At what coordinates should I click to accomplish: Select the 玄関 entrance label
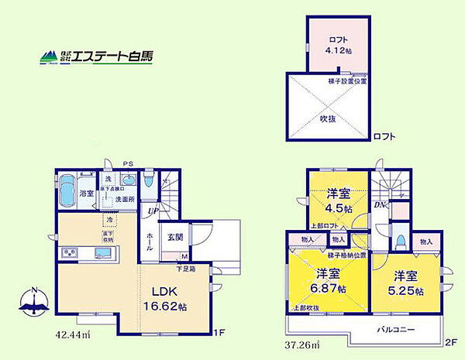pos(174,238)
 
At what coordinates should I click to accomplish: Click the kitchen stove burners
pos(68,252)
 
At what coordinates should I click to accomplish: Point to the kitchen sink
pos(104,252)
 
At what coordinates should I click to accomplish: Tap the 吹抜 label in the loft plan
pos(328,118)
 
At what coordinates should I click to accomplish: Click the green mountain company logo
pos(50,57)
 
